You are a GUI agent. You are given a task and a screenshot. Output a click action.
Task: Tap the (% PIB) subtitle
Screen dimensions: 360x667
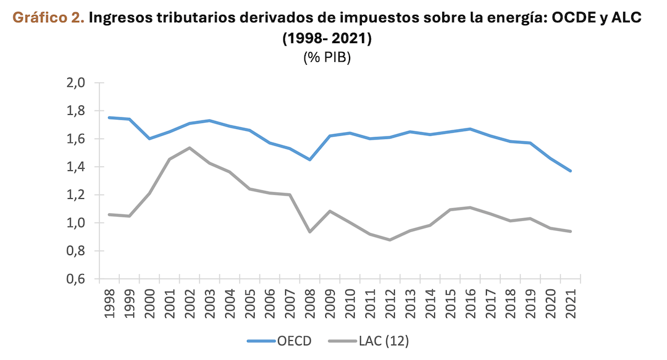pyautogui.click(x=327, y=59)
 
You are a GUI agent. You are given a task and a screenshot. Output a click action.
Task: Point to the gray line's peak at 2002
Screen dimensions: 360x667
pyautogui.click(x=190, y=148)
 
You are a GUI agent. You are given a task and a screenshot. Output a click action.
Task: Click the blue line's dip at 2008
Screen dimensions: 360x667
pyautogui.click(x=309, y=159)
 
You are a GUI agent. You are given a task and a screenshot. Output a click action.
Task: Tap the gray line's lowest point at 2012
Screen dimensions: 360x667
pyautogui.click(x=390, y=240)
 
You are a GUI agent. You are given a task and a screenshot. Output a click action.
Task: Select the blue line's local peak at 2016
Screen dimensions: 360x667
pyautogui.click(x=470, y=129)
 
